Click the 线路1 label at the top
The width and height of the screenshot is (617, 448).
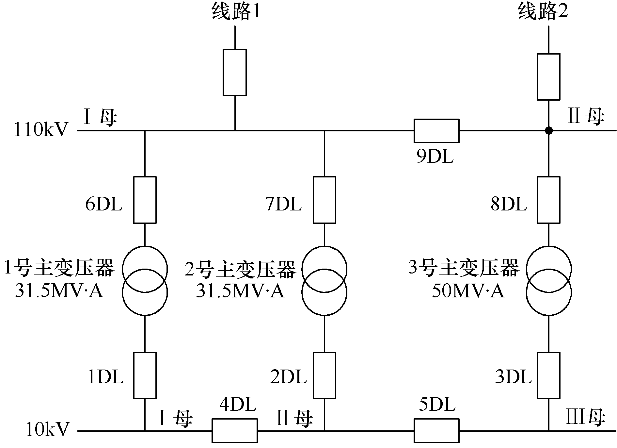236,12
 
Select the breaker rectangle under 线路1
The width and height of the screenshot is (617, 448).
234,72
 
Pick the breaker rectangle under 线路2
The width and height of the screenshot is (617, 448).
548,77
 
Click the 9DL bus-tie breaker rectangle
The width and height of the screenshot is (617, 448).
436,131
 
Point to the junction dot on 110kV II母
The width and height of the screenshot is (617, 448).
549,131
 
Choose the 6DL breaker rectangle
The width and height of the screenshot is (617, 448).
145,200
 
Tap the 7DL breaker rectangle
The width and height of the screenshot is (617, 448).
324,200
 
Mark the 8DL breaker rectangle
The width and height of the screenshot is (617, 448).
549,200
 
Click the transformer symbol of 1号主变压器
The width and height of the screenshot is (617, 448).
145,281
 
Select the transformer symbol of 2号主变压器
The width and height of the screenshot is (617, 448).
324,281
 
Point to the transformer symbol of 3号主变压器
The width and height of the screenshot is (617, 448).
549,281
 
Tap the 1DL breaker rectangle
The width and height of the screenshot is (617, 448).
145,375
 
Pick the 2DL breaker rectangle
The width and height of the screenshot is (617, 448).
324,375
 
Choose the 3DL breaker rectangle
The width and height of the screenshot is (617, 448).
549,375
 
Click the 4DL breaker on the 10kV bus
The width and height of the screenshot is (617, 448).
234,431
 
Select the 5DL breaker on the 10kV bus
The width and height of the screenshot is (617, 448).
436,431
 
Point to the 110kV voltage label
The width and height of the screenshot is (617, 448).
41,130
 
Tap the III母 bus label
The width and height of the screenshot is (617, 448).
585,418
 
